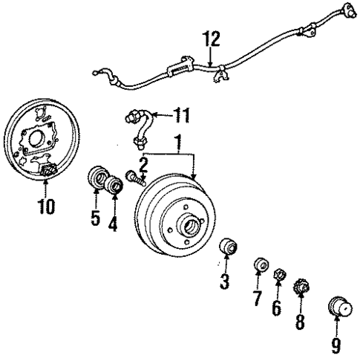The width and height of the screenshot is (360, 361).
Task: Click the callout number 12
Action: (212, 37)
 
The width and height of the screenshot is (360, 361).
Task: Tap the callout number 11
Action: (180, 115)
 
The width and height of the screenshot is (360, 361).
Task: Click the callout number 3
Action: (225, 282)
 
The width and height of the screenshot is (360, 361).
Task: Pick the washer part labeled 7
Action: (259, 265)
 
